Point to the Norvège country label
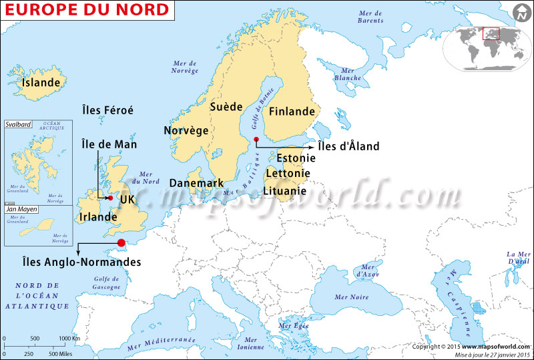[x=186, y=130]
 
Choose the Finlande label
[x=292, y=112]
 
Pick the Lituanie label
[x=286, y=190]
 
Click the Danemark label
[x=196, y=182]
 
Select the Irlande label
[x=98, y=217]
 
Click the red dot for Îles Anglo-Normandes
[x=121, y=243]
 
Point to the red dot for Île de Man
[x=110, y=198]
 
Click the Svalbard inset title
[x=18, y=124]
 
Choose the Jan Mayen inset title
[x=21, y=209]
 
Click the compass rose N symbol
[x=520, y=13]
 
